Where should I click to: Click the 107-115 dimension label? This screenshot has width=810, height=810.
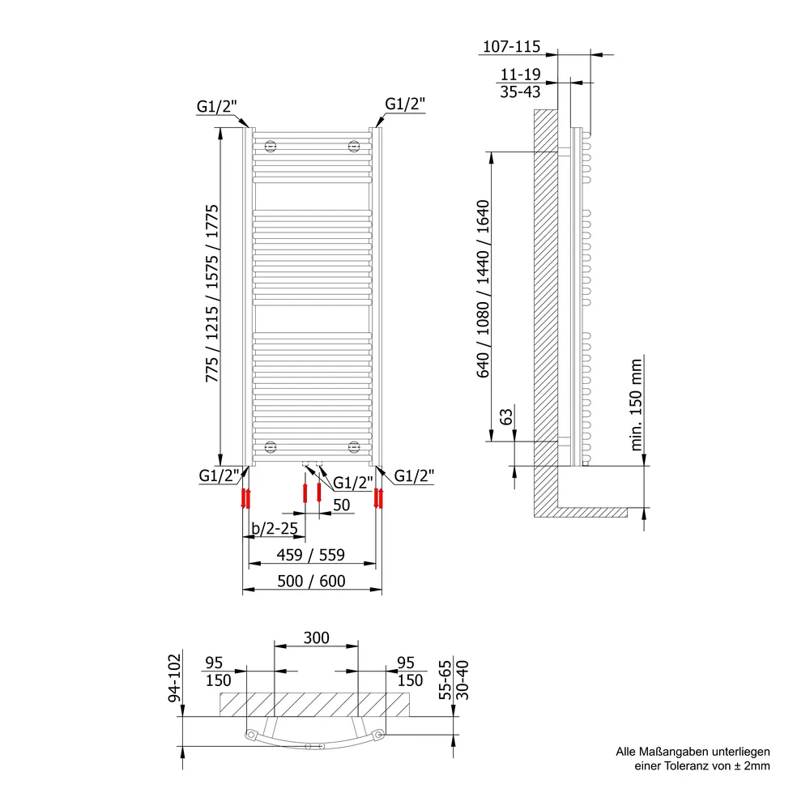pyautogui.click(x=511, y=46)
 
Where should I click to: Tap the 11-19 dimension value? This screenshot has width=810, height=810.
pyautogui.click(x=520, y=75)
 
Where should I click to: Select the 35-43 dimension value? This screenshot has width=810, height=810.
pyautogui.click(x=520, y=92)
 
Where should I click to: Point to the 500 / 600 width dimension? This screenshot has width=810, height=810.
pyautogui.click(x=312, y=581)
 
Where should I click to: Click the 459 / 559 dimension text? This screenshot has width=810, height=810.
pyautogui.click(x=311, y=555)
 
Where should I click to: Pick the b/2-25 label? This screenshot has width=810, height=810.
pyautogui.click(x=275, y=528)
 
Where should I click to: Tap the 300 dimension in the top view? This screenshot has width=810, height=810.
pyautogui.click(x=316, y=638)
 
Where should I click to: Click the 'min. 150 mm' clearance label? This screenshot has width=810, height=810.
pyautogui.click(x=636, y=405)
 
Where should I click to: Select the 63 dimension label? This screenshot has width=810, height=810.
pyautogui.click(x=507, y=416)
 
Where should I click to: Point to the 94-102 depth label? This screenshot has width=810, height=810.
pyautogui.click(x=175, y=678)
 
